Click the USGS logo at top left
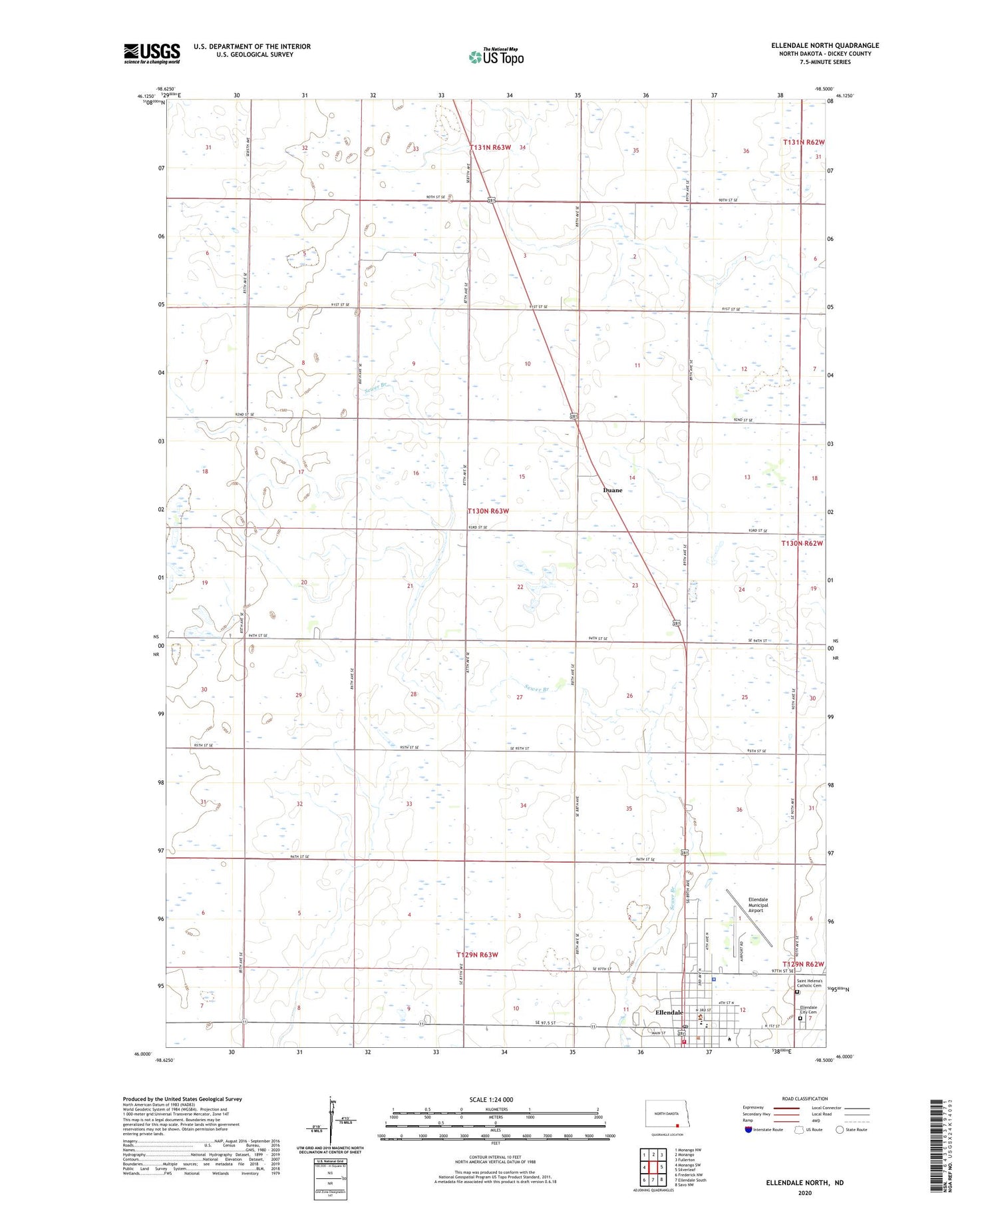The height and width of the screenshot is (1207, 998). (x=152, y=53)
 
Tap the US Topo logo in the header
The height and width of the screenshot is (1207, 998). (x=496, y=57)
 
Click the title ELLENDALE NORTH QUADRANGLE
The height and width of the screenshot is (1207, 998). (x=825, y=45)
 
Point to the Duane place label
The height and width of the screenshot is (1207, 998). (x=612, y=490)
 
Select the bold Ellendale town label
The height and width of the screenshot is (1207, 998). (x=669, y=1013)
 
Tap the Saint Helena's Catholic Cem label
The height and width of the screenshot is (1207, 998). (x=810, y=983)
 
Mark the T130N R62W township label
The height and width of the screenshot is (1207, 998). (x=802, y=543)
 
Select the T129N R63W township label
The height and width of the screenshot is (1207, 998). (x=477, y=955)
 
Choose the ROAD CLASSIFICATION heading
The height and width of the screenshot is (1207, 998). (x=804, y=1098)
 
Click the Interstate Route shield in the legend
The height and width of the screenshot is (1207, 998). (x=748, y=1130)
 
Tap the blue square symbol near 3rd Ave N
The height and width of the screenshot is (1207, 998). (x=713, y=979)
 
